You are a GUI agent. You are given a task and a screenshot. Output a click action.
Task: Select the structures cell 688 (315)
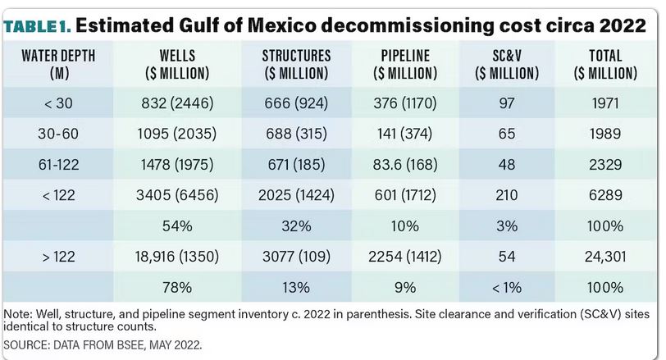click(296, 134)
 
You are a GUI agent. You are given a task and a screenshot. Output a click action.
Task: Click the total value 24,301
click(606, 257)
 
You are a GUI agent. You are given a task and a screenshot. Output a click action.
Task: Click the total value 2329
click(606, 165)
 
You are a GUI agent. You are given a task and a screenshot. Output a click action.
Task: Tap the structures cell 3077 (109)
click(296, 257)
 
